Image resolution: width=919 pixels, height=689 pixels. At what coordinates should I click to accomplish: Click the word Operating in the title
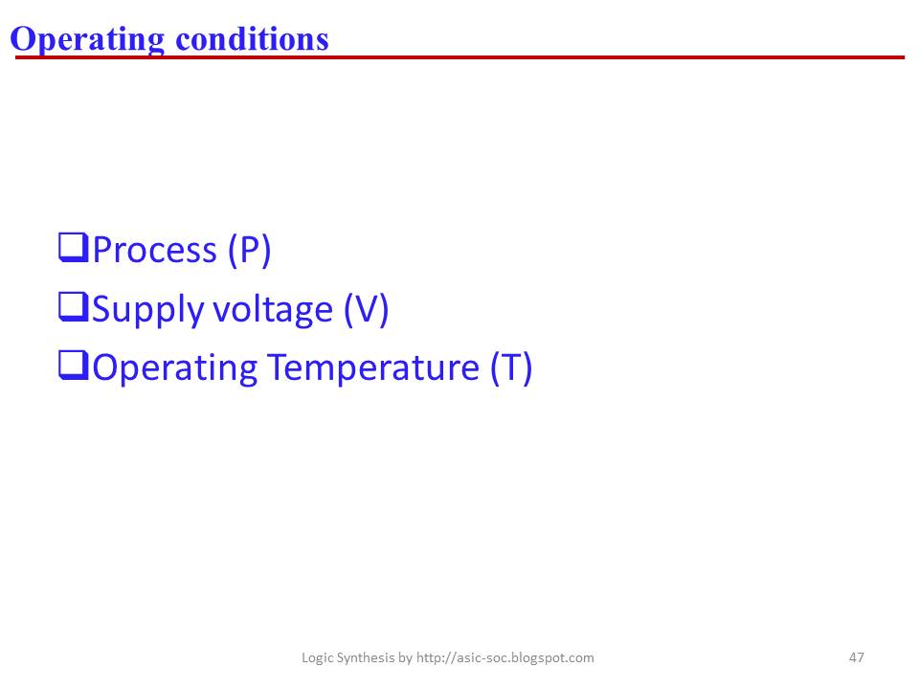coord(87,40)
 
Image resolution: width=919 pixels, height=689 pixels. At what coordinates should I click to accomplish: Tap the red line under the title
coord(460,57)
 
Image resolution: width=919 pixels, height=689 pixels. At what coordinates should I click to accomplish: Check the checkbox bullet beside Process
coord(74,247)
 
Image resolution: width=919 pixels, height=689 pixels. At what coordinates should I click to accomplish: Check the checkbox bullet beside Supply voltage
coord(74,307)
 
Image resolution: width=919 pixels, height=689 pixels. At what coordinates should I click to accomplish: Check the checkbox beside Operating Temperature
coord(74,365)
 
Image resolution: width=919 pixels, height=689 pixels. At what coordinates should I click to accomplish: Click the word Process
coord(155,250)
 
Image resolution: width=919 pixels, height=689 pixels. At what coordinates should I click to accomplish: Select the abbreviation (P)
coord(249,250)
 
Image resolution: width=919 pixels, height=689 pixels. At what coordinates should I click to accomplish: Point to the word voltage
coord(273,310)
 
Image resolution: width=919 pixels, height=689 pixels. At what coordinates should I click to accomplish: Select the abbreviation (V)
coord(366,309)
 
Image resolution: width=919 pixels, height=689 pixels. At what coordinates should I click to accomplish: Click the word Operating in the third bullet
coord(174,369)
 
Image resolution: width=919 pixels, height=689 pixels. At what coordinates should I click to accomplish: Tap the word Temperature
coord(373,369)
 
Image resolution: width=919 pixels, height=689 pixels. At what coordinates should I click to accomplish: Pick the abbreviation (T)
coord(511,367)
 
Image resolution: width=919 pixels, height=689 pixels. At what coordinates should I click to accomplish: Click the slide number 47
coord(856,657)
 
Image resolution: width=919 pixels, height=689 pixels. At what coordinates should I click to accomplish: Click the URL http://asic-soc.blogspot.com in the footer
coord(504,658)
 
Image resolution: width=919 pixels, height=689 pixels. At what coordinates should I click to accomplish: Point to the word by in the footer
coord(405,658)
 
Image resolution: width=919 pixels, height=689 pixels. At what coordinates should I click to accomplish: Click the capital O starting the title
coord(22,38)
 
